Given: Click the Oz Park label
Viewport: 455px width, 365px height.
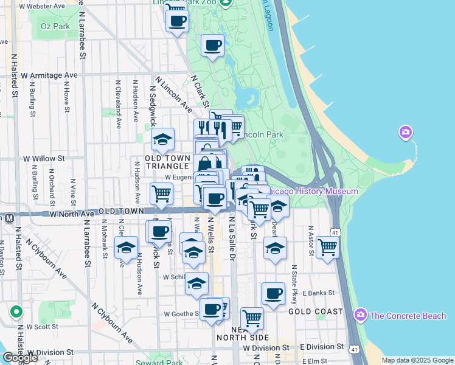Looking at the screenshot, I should click(55, 26).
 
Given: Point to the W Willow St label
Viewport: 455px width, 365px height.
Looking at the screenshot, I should click(43, 158).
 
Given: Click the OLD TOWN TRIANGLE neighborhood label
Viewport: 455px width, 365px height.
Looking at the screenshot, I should click(167, 162).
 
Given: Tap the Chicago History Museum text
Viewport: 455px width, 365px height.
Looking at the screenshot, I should click(316, 191).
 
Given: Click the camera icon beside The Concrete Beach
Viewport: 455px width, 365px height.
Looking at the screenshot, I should click(361, 315).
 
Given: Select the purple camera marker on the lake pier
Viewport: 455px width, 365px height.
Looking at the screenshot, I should click(406, 132).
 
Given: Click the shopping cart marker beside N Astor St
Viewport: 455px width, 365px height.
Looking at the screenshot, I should click(327, 247).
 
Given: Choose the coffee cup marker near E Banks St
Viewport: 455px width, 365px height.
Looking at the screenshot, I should click(273, 294).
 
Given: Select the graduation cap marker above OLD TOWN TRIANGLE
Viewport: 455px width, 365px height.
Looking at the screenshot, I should click(162, 140).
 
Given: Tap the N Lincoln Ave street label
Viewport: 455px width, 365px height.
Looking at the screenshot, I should click(173, 94).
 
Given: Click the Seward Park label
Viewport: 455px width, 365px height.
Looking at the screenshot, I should click(185, 363).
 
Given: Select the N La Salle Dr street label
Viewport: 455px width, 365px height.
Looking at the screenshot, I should click(232, 240).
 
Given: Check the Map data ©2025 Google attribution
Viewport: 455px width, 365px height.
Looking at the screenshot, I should click(417, 360).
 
